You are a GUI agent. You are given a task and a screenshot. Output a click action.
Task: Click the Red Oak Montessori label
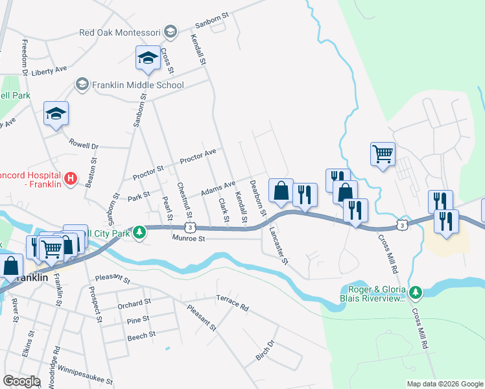click(x=120, y=32)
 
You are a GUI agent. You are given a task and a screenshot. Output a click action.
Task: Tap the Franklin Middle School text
click(x=138, y=85)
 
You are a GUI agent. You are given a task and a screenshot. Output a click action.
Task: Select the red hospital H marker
click(x=71, y=177)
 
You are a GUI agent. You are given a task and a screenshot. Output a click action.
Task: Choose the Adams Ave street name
click(x=217, y=189)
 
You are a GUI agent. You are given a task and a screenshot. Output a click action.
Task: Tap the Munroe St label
click(x=189, y=239)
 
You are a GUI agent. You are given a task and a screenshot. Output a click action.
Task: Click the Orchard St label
click(x=134, y=303)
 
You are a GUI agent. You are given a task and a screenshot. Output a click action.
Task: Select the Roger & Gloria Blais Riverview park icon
click(x=416, y=293)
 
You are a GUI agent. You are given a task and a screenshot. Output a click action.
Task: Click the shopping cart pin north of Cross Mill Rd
click(x=383, y=154)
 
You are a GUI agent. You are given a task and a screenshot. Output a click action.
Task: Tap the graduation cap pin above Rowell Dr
click(x=56, y=113)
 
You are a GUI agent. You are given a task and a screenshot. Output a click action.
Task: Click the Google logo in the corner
click(x=22, y=381)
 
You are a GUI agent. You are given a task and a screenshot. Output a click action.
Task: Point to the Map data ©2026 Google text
click(x=444, y=384)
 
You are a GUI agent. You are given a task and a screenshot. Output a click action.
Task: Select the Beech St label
click(x=141, y=335)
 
